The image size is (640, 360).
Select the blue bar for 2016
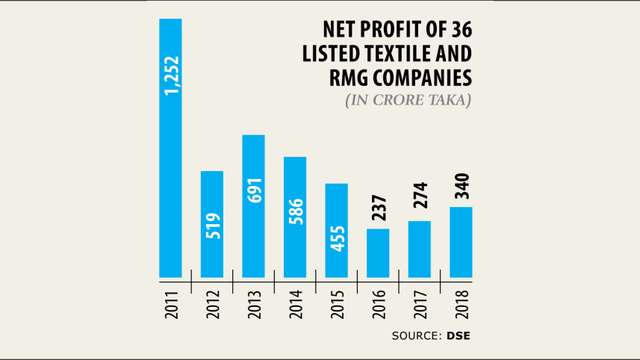coord(378,253)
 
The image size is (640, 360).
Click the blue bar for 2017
coord(420,249)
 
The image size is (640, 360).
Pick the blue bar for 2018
coord(461,242)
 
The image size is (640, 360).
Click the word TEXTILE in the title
coord(397,54)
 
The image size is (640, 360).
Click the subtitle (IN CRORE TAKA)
coord(408,100)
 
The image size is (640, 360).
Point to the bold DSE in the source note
coord(461,336)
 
